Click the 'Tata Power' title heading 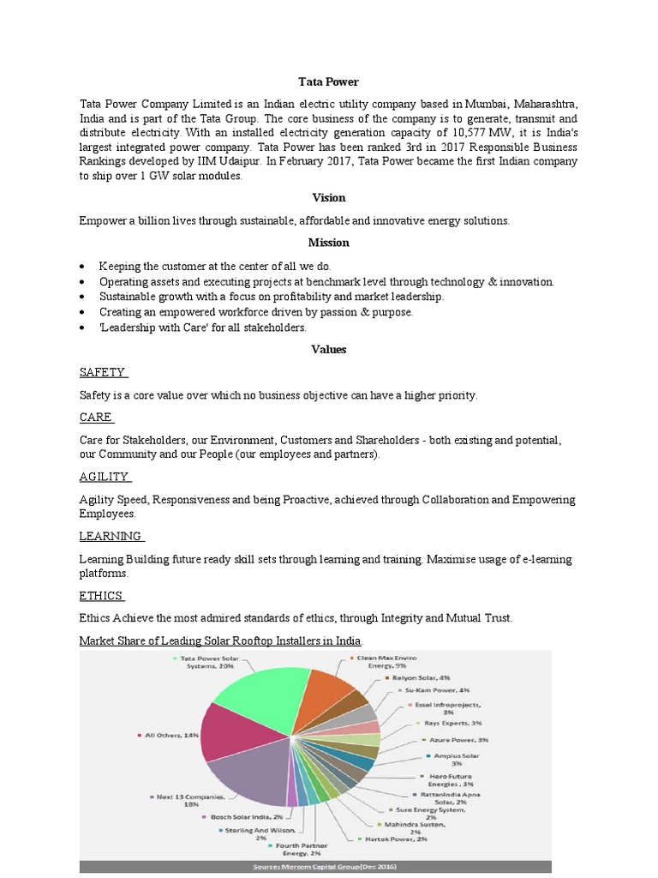pyautogui.click(x=328, y=81)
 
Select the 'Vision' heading pyautogui.click(x=328, y=197)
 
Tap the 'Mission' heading pyautogui.click(x=328, y=243)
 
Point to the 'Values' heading pyautogui.click(x=328, y=349)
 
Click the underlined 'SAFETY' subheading pyautogui.click(x=102, y=372)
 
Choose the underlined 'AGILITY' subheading pyautogui.click(x=104, y=477)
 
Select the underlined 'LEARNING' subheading pyautogui.click(x=111, y=536)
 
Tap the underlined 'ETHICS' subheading pyautogui.click(x=101, y=596)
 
